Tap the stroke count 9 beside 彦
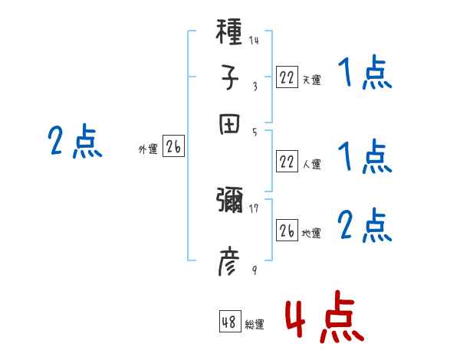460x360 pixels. pos(254,270)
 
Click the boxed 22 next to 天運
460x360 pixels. pos(287,77)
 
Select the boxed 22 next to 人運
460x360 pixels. pos(287,162)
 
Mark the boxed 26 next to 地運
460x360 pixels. pos(287,231)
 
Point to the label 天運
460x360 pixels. pos(310,79)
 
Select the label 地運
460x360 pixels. pos(310,233)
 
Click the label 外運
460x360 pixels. pos(148,150)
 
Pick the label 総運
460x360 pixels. pos(254,325)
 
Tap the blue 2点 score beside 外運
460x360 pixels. pos(75,142)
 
